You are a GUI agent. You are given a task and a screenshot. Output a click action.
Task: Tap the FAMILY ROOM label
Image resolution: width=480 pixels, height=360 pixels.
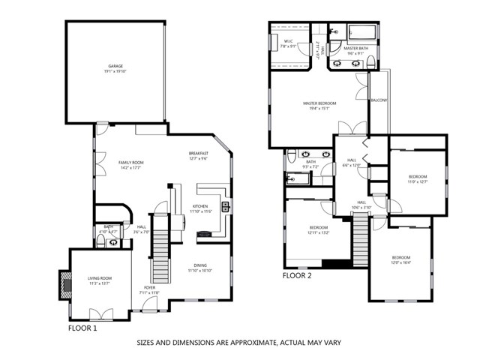pyautogui.click(x=130, y=163)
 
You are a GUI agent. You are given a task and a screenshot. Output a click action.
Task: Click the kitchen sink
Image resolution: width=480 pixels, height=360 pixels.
pyautogui.click(x=224, y=206)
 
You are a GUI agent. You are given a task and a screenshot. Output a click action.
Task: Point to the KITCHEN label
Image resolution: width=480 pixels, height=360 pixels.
pyautogui.click(x=200, y=206)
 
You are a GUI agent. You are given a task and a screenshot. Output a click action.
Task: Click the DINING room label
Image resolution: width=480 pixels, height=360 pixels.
pyautogui.click(x=200, y=265)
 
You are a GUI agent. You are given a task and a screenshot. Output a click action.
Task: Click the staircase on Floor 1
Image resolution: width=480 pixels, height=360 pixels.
pyautogui.click(x=159, y=262)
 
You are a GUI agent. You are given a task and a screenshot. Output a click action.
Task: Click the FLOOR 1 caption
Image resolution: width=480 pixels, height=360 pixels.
pyautogui.click(x=82, y=328)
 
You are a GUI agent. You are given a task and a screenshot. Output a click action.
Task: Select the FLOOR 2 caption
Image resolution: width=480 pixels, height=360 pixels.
pyautogui.click(x=297, y=275)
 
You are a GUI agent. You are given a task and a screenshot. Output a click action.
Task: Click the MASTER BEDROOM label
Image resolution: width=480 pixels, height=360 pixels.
pyautogui.click(x=319, y=103)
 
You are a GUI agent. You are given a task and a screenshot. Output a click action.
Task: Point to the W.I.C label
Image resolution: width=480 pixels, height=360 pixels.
pyautogui.click(x=288, y=42)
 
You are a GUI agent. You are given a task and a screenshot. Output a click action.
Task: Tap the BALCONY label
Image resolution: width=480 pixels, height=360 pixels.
pyautogui.click(x=379, y=100)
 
